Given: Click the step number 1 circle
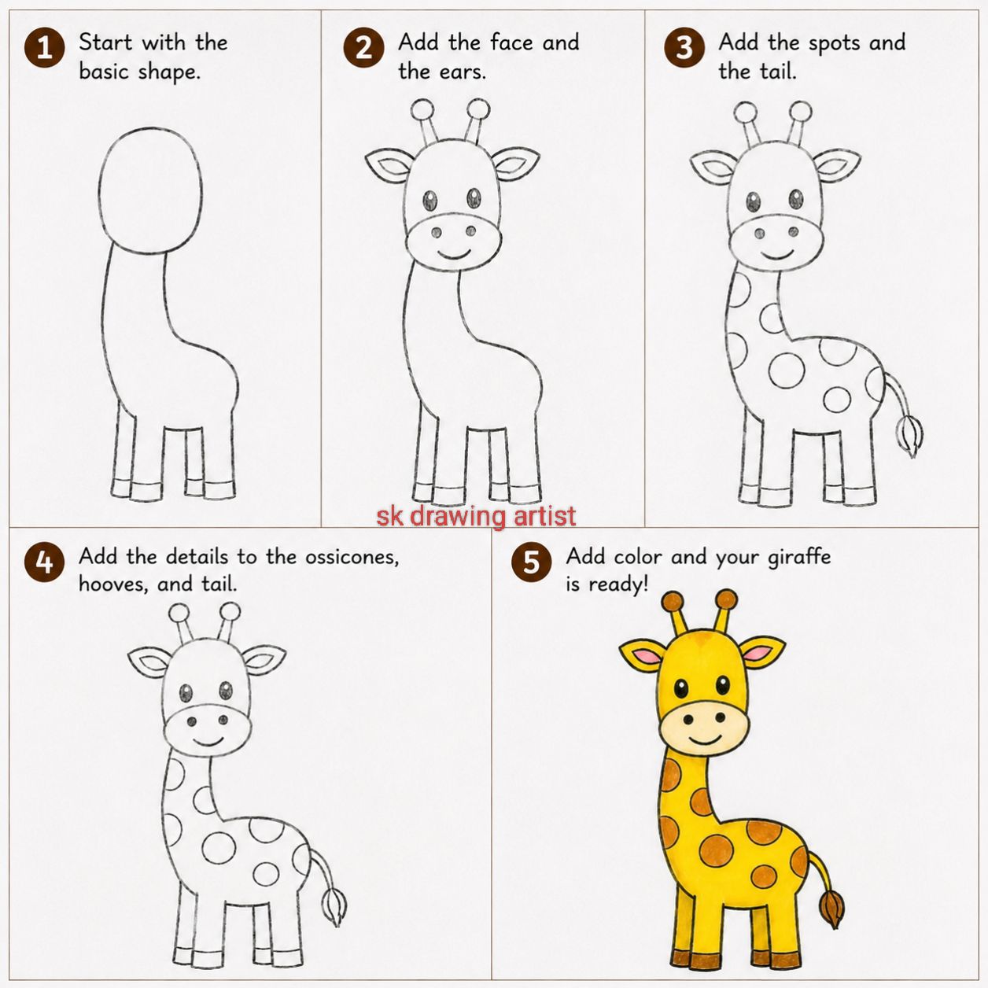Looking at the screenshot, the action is (x=45, y=48).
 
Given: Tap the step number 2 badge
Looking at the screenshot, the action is (x=363, y=48).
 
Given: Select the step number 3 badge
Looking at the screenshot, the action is (x=684, y=48).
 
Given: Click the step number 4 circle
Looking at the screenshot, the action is (x=45, y=562).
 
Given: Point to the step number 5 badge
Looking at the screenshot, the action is (x=532, y=562).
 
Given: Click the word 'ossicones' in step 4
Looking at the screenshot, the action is (x=352, y=557).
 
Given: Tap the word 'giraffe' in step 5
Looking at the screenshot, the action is (x=798, y=557).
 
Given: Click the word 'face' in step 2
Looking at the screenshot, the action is (x=511, y=42).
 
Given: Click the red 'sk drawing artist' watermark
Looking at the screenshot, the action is (x=477, y=516).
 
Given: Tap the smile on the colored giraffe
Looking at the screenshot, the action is (x=705, y=741).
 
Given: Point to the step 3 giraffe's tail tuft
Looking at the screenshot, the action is (x=909, y=437).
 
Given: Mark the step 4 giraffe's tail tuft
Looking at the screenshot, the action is (x=334, y=907).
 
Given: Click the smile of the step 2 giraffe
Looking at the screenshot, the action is (x=455, y=255).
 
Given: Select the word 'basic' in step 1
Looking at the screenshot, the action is (x=104, y=72).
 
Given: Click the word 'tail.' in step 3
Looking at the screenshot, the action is (x=778, y=72).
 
